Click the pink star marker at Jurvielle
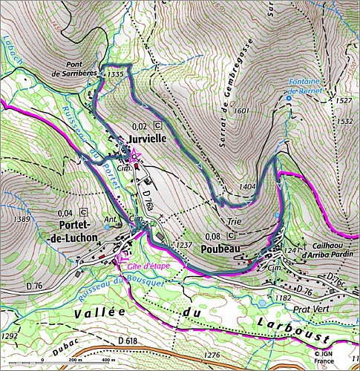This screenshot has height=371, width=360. pos(134,156)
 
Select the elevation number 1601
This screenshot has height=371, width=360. pos(240,111)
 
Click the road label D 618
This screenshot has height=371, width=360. pos(129,340)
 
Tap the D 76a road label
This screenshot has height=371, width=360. pos(147,197)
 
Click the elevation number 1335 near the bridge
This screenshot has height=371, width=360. pos(114,75)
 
